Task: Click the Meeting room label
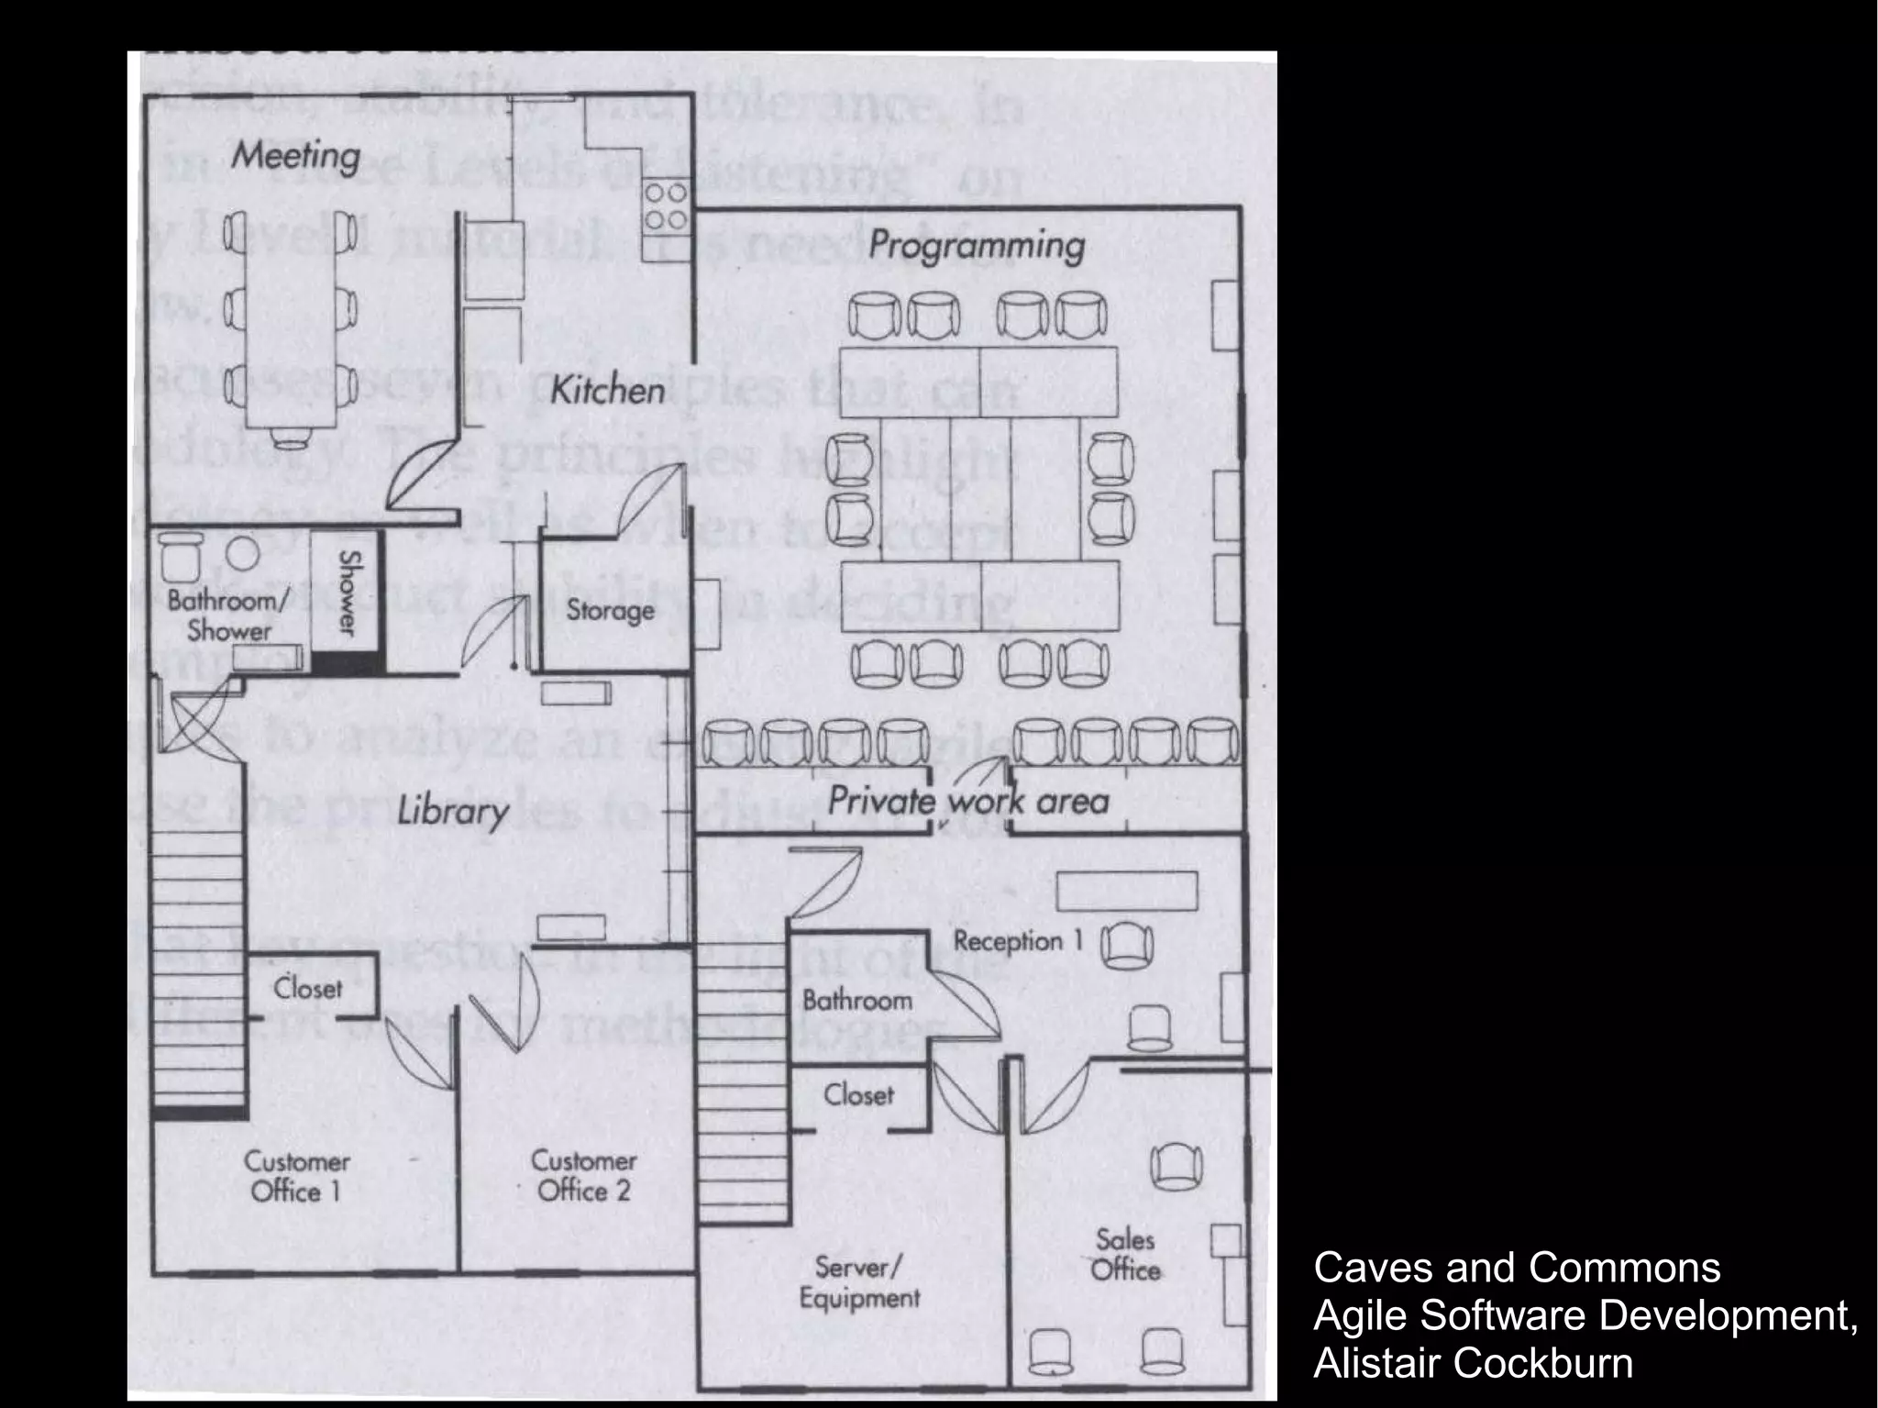295,156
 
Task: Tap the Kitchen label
607,391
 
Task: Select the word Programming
977,246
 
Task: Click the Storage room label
610,610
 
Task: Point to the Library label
452,812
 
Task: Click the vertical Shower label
348,592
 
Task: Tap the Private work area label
968,801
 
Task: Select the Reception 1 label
1019,941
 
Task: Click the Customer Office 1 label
296,1177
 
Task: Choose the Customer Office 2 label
584,1176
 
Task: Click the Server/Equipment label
859,1282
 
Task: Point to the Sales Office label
1125,1255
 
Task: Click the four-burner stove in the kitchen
666,206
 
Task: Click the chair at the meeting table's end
292,440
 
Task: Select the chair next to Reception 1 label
1125,946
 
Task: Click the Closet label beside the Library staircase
308,989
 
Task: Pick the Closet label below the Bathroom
858,1094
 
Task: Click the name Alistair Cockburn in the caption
1473,1363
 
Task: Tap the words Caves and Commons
1517,1268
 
